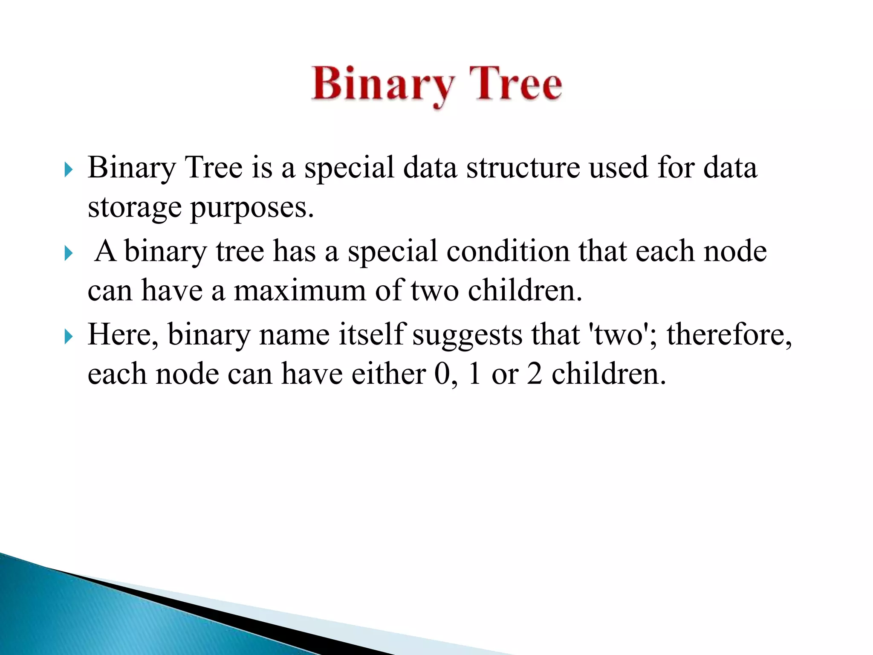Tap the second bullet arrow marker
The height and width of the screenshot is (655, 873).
coord(68,253)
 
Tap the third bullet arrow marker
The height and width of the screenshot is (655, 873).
coord(68,337)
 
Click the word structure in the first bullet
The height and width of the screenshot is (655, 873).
coord(523,167)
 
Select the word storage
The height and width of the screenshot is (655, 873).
coord(134,208)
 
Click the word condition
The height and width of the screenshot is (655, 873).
coord(507,251)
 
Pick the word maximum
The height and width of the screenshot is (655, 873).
coord(300,291)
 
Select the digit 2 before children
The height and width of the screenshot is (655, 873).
coord(534,374)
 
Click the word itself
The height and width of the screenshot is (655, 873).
coord(371,334)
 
